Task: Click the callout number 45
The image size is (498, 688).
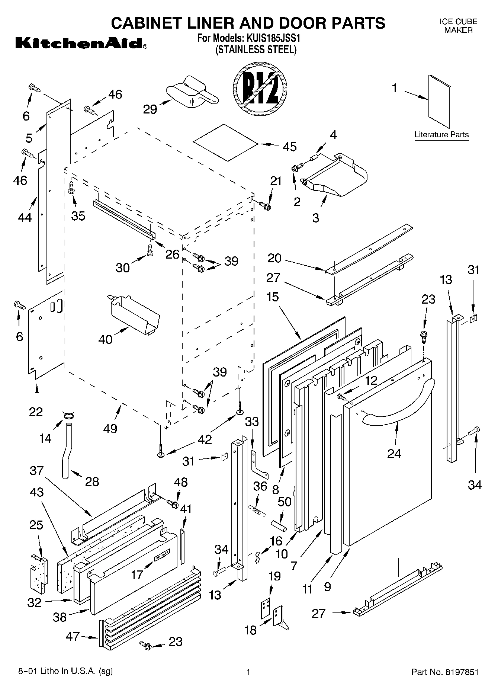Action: click(x=289, y=147)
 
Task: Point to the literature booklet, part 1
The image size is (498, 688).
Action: click(x=439, y=102)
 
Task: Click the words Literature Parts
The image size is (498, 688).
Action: click(x=441, y=135)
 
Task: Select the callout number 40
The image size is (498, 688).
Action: click(x=105, y=339)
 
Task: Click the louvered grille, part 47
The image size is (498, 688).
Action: click(x=149, y=624)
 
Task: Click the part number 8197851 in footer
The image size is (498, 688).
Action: click(x=460, y=672)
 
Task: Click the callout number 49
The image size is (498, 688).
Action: click(x=110, y=428)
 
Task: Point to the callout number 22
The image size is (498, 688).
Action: click(x=36, y=412)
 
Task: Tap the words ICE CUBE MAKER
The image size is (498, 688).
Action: click(x=458, y=26)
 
